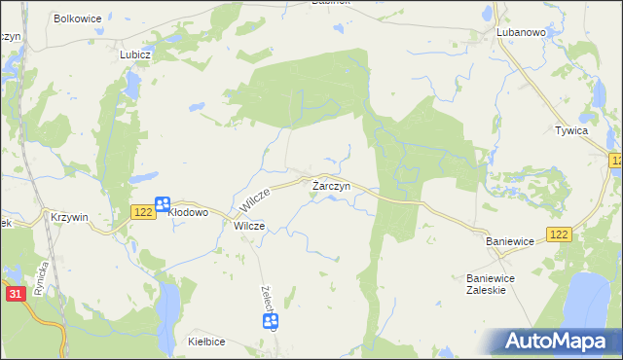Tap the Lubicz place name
tap(135, 55)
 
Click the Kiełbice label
tap(207, 342)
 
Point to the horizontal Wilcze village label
tap(249, 225)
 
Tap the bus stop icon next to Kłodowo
tap(164, 204)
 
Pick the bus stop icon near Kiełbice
tap(272, 321)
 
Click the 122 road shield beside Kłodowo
tap(141, 211)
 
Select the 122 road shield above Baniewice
tap(558, 234)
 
